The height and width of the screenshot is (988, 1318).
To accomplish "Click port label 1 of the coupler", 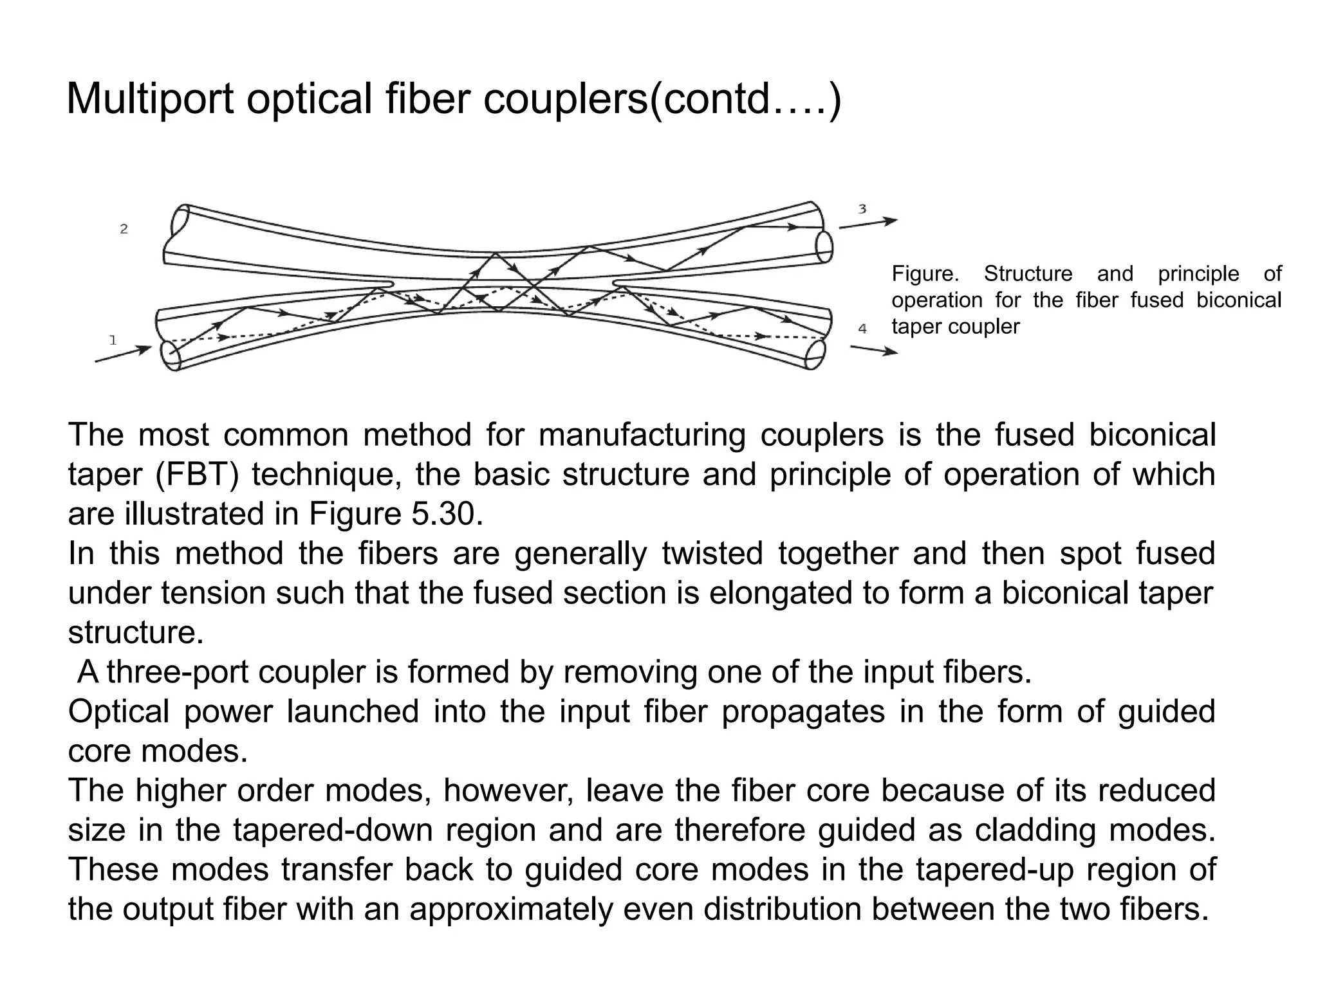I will (x=113, y=340).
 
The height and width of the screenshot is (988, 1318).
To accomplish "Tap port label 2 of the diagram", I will (x=124, y=228).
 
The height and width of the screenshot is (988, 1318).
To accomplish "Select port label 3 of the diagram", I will (x=862, y=209).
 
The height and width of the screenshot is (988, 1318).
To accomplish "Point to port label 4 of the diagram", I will (x=862, y=329).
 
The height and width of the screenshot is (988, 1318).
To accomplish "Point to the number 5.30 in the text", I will (x=447, y=515).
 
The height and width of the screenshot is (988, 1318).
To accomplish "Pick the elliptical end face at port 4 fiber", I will (x=815, y=354).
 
